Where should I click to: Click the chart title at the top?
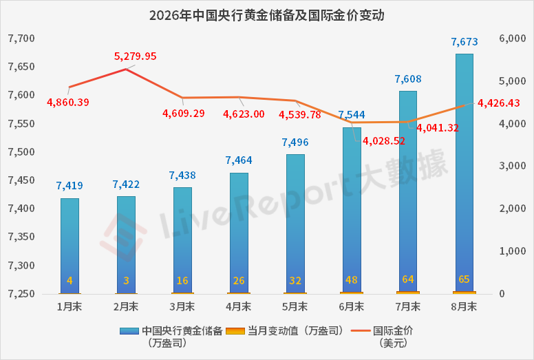tap(267, 15)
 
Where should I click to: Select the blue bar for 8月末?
tap(464, 173)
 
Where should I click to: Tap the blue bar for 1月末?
tap(70, 246)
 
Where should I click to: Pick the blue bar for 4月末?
tap(239, 233)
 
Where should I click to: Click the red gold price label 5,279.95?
tap(135, 56)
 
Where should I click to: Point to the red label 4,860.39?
tap(67, 102)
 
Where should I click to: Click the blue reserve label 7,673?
tap(464, 42)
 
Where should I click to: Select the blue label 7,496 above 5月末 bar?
tap(295, 142)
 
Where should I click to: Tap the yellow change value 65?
tap(464, 279)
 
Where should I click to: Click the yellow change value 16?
tap(182, 281)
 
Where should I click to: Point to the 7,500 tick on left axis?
tap(21, 152)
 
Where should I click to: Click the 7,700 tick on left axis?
tap(21, 39)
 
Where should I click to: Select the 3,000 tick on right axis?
tap(512, 166)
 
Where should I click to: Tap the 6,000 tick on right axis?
tap(512, 39)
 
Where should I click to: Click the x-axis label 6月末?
tap(352, 307)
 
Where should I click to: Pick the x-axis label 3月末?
tap(182, 307)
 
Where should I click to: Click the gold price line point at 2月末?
tap(126, 69)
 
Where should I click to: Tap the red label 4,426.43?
tap(499, 103)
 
